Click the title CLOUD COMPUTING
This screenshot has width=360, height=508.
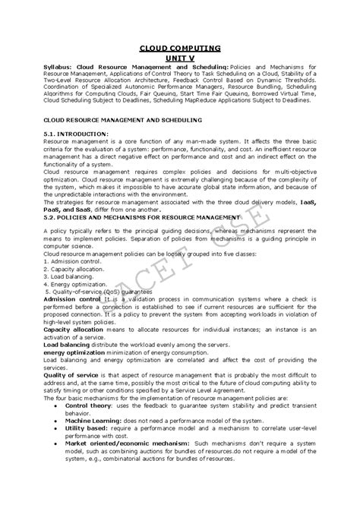coord(180,47)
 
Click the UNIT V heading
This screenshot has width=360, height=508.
coord(180,58)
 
